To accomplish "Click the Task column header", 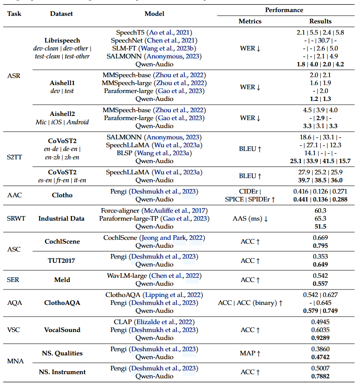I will tap(14, 13).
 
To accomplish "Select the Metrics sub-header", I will tap(250, 21).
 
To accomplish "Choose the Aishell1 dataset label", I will tap(61, 83).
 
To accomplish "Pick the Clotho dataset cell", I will tap(61, 194).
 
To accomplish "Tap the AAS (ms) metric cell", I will tap(250, 219).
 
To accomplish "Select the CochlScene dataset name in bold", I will tap(61, 241).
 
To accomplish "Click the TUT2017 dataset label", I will tap(61, 260).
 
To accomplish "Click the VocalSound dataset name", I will tap(61, 330).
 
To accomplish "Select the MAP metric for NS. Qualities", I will tap(250, 353).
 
